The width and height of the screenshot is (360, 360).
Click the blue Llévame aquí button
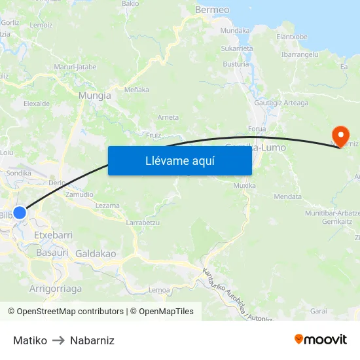point(179,160)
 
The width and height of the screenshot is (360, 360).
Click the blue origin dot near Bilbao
point(20,213)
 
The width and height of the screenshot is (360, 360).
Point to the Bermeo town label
point(212,10)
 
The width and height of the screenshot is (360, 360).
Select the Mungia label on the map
point(94,95)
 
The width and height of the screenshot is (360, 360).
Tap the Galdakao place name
point(96,253)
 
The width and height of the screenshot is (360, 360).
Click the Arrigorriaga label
point(56,288)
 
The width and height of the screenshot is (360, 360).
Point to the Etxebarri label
point(52,234)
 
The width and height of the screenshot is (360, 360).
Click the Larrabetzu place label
point(143,223)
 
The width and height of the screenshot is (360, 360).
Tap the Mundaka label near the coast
point(235,31)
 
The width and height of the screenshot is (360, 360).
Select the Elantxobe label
point(292,37)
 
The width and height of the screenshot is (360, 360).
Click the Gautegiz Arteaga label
point(281,103)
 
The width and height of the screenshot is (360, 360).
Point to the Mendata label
point(288,196)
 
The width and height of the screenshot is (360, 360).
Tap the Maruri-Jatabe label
point(75,67)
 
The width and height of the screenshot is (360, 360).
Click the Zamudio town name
point(79,194)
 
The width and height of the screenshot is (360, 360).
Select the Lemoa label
point(160,289)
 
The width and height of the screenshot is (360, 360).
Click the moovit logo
point(320,340)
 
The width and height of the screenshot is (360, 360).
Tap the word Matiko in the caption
point(30,340)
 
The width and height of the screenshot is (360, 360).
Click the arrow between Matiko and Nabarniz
point(58,340)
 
